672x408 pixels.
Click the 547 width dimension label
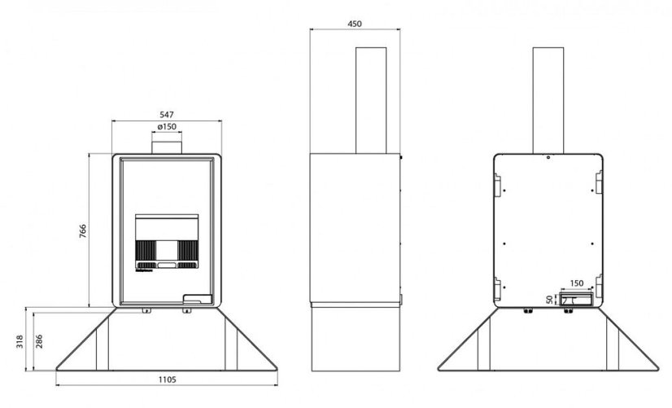[167, 115]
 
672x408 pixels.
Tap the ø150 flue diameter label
[167, 126]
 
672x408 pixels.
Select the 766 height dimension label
[83, 231]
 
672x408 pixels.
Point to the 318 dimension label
[20, 341]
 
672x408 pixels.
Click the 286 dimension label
[39, 341]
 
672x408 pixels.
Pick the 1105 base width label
[167, 379]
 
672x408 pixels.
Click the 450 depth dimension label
[355, 24]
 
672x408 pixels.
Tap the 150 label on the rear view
[577, 283]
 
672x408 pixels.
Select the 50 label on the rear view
[550, 300]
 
